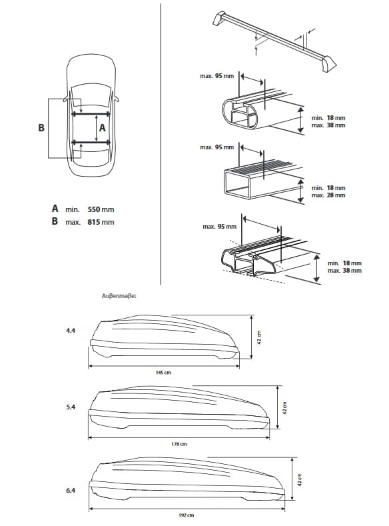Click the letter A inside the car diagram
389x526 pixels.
click(103, 128)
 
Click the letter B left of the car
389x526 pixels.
click(41, 128)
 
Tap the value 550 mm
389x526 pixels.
click(101, 209)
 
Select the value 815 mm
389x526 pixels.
click(101, 222)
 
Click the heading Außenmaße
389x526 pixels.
click(119, 296)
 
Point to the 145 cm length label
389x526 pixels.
click(163, 373)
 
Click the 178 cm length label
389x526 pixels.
click(179, 444)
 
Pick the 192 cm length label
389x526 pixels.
click(187, 515)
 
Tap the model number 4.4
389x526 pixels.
click(71, 331)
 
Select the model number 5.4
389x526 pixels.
click(71, 407)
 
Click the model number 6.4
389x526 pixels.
click(71, 491)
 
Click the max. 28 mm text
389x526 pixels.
click(328, 195)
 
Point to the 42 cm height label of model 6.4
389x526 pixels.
click(300, 480)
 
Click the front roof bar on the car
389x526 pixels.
click(91, 114)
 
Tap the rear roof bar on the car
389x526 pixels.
click(91, 143)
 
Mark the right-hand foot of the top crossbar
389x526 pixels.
click(328, 64)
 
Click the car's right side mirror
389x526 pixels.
click(117, 99)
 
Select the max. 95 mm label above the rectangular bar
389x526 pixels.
click(216, 147)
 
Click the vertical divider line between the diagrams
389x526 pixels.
click(161, 144)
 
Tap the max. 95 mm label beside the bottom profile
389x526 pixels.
click(219, 227)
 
